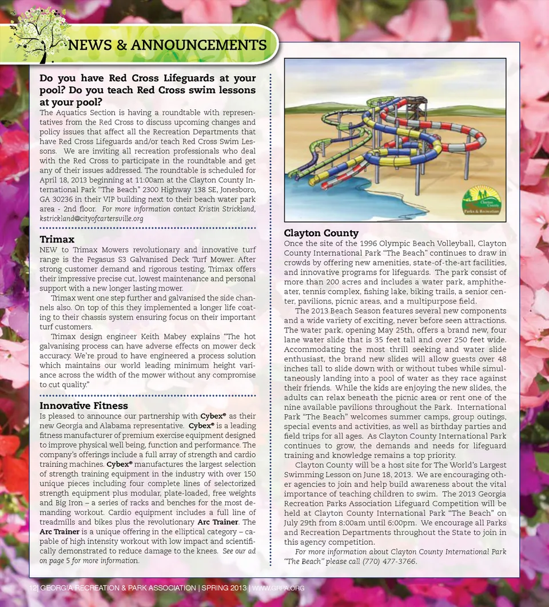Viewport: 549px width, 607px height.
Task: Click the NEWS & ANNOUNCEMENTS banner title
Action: point(167,45)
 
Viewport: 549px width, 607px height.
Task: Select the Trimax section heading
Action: point(57,239)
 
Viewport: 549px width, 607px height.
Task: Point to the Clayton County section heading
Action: point(321,233)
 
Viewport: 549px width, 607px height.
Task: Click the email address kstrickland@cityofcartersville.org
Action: point(91,219)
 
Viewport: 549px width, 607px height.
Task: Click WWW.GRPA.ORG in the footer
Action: point(278,589)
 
